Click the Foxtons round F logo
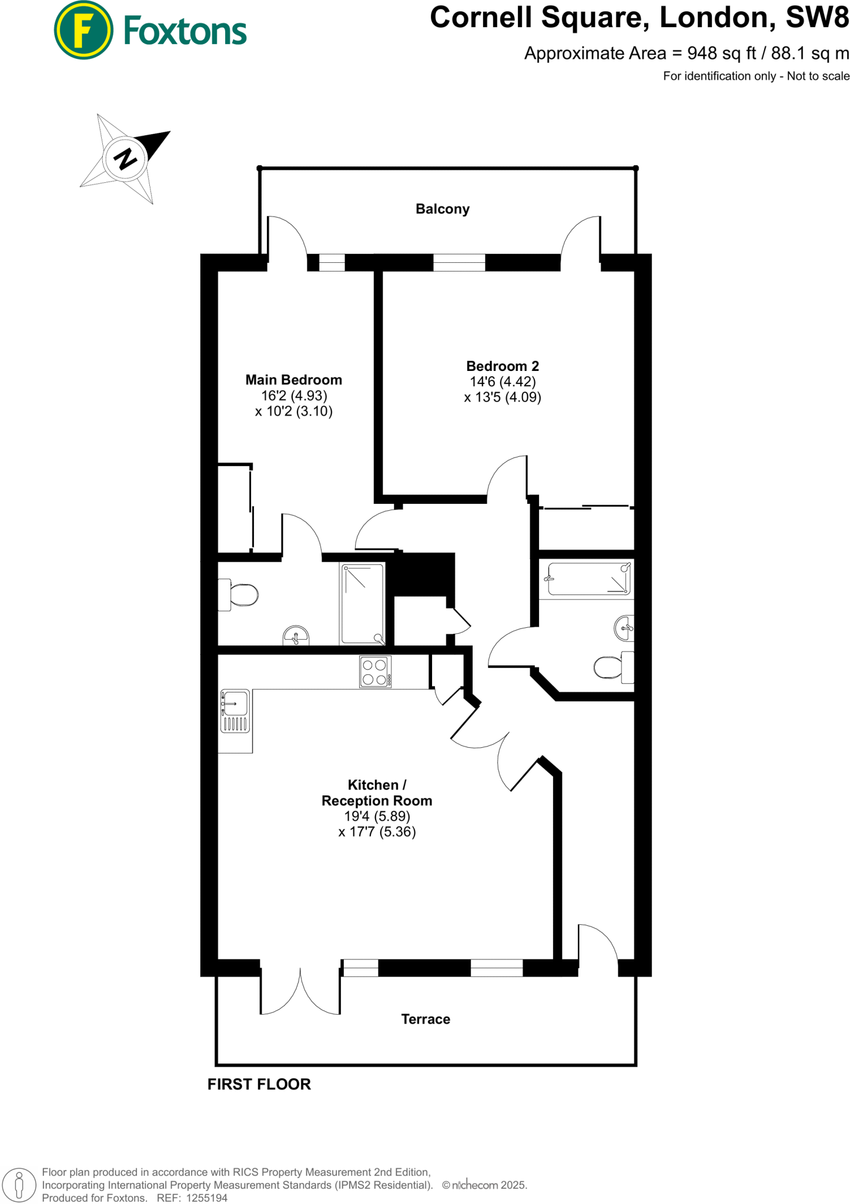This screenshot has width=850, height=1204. [x=83, y=31]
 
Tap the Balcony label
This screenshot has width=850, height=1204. [x=442, y=209]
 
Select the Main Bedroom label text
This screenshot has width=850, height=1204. [x=293, y=380]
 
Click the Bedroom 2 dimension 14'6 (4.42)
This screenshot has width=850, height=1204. [x=503, y=382]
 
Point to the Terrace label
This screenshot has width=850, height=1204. [x=426, y=1019]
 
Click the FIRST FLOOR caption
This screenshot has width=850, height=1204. [x=259, y=1084]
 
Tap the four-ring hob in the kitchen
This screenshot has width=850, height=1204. [x=375, y=672]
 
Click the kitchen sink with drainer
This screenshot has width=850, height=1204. [x=235, y=711]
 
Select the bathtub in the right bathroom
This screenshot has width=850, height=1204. [x=588, y=578]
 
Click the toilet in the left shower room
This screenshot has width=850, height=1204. [x=239, y=595]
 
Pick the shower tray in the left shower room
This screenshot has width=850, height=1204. [x=363, y=604]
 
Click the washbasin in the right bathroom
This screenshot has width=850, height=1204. [x=624, y=628]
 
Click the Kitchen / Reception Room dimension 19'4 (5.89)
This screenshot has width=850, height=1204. [x=377, y=816]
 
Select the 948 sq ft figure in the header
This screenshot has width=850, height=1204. [x=721, y=53]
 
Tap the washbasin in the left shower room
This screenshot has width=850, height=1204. [x=296, y=636]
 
